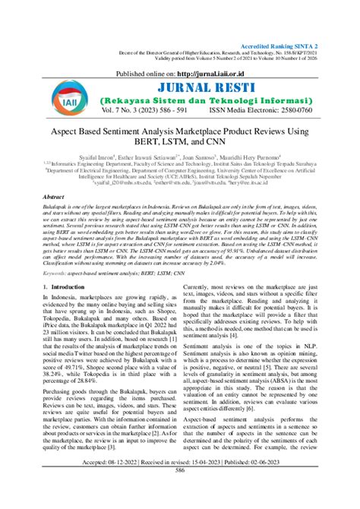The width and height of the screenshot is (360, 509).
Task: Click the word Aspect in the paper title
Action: (89, 131)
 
